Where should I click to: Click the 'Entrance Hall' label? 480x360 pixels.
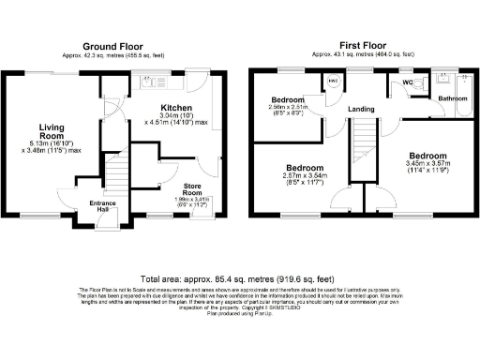click(x=103, y=206)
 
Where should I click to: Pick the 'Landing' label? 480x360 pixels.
click(x=361, y=109)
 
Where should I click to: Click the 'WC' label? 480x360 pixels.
click(x=407, y=82)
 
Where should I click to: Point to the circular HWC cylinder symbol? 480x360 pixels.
click(x=334, y=82)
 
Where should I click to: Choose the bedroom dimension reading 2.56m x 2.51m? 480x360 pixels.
click(x=287, y=110)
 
